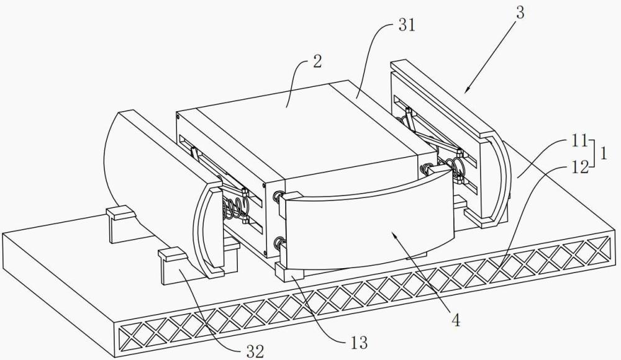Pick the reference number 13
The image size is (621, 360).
pyautogui.click(x=359, y=342)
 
